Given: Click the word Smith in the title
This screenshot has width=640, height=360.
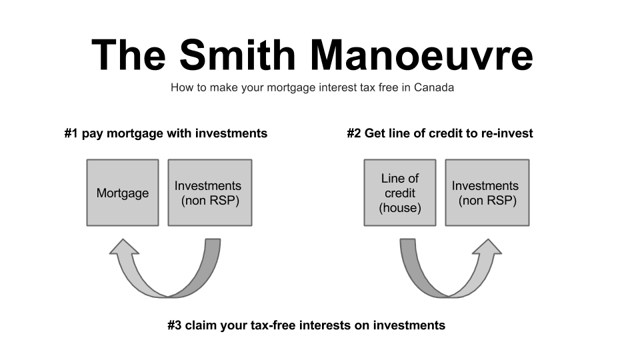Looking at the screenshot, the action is pyautogui.click(x=237, y=55).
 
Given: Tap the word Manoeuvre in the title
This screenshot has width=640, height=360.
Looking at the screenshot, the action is pyautogui.click(x=421, y=55).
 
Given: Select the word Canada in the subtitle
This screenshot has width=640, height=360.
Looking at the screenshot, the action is pyautogui.click(x=434, y=87).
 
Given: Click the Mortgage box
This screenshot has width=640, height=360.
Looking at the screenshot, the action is pyautogui.click(x=123, y=193).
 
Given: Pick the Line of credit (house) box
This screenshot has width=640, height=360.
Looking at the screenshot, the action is pyautogui.click(x=400, y=193).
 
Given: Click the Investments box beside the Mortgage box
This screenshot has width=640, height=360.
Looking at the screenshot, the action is pyautogui.click(x=210, y=193).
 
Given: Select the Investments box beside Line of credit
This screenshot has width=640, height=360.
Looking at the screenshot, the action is pyautogui.click(x=487, y=193).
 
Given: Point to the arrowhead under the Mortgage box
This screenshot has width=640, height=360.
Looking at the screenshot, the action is pyautogui.click(x=124, y=247).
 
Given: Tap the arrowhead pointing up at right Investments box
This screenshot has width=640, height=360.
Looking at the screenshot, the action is pyautogui.click(x=487, y=247).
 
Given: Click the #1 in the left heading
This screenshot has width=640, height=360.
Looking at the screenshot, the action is pyautogui.click(x=71, y=133).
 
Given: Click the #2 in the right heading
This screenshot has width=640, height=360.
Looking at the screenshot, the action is pyautogui.click(x=354, y=133).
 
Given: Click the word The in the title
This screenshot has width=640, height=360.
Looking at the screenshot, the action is pyautogui.click(x=129, y=55).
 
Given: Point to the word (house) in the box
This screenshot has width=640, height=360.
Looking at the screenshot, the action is pyautogui.click(x=400, y=208).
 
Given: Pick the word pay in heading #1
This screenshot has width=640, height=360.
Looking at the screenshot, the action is pyautogui.click(x=92, y=134).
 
